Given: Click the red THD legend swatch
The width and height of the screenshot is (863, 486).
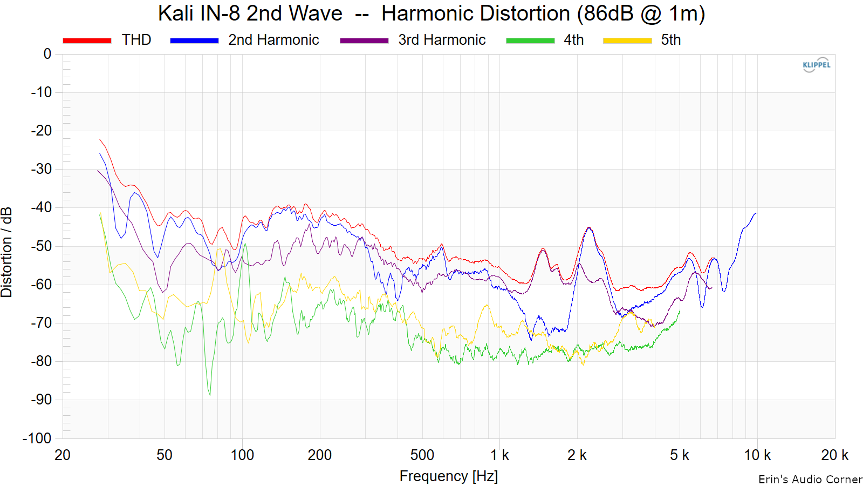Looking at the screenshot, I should (87, 40).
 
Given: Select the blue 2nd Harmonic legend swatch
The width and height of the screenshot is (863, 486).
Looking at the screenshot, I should (194, 40).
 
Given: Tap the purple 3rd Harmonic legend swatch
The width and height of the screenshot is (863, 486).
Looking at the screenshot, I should (364, 40).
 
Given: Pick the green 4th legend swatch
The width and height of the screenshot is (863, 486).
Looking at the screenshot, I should (530, 40).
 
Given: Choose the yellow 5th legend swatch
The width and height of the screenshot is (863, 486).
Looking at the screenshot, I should (627, 40).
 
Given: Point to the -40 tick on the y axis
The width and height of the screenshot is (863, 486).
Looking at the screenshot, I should (41, 207).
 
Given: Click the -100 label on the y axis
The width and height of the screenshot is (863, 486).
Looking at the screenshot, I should (37, 438).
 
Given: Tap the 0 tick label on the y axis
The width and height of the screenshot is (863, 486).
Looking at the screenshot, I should (47, 54).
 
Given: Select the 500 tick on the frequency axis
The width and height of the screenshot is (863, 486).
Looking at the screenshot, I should (422, 455).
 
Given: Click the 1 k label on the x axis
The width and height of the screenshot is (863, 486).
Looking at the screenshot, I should (499, 455).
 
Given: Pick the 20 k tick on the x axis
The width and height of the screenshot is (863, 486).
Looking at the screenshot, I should (834, 455).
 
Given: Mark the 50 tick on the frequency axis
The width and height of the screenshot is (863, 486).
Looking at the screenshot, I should (165, 455).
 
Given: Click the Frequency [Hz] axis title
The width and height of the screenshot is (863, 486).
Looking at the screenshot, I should (448, 476).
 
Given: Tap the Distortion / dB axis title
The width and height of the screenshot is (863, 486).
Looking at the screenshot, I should (7, 252).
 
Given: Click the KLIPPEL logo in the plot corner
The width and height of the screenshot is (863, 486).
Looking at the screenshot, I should (816, 65).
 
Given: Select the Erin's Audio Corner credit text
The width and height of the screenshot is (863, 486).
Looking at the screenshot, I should (810, 480).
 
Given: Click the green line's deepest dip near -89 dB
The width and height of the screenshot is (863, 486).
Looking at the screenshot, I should (210, 395).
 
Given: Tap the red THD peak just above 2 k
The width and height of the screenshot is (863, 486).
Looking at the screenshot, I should (588, 227).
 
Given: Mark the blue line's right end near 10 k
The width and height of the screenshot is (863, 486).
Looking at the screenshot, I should (757, 213).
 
